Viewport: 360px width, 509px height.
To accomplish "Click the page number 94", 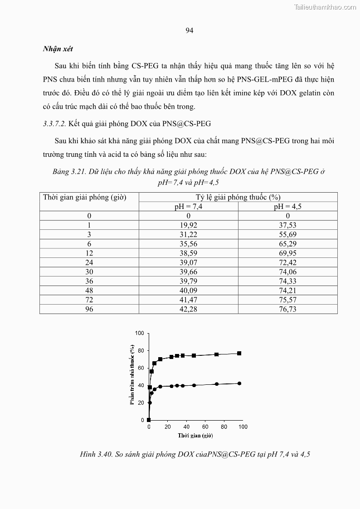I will click(190, 31).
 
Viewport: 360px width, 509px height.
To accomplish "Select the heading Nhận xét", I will click(58, 49).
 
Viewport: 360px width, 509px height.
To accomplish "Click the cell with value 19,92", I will click(188, 225).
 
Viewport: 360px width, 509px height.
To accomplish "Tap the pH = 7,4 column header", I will click(188, 206).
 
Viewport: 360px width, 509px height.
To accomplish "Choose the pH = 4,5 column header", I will click(287, 206).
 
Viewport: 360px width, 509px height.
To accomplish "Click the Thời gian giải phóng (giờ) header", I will click(84, 197).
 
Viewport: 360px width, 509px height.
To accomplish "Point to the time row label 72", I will click(89, 300).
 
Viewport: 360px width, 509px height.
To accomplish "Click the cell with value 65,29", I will click(287, 244).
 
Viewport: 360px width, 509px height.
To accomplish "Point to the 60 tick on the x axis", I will click(205, 427).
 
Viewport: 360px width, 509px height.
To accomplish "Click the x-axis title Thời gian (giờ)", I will click(195, 436).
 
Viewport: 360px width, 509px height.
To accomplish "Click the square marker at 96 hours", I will click(239, 354).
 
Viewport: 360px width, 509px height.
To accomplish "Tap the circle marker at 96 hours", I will click(239, 383).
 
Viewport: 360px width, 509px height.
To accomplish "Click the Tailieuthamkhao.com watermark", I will click(325, 7).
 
